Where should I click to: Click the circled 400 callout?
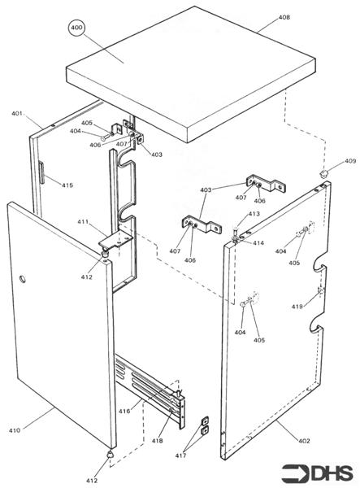[76, 28]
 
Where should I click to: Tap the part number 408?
[284, 17]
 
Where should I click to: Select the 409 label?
[350, 161]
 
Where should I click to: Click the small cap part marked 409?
[324, 173]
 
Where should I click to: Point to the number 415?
[67, 185]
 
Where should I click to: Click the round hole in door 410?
[23, 279]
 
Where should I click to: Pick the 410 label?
[15, 430]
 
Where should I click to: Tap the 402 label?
[304, 441]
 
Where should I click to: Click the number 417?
[180, 455]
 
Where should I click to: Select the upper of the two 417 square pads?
[205, 421]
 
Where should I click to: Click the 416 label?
[124, 411]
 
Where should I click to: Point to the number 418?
[158, 440]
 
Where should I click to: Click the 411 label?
[83, 222]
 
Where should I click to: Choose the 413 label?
[254, 214]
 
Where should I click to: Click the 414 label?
[258, 242]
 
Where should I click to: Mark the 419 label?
[297, 307]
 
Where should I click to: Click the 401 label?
[17, 114]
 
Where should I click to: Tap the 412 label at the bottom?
[92, 481]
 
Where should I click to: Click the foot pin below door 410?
[110, 454]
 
